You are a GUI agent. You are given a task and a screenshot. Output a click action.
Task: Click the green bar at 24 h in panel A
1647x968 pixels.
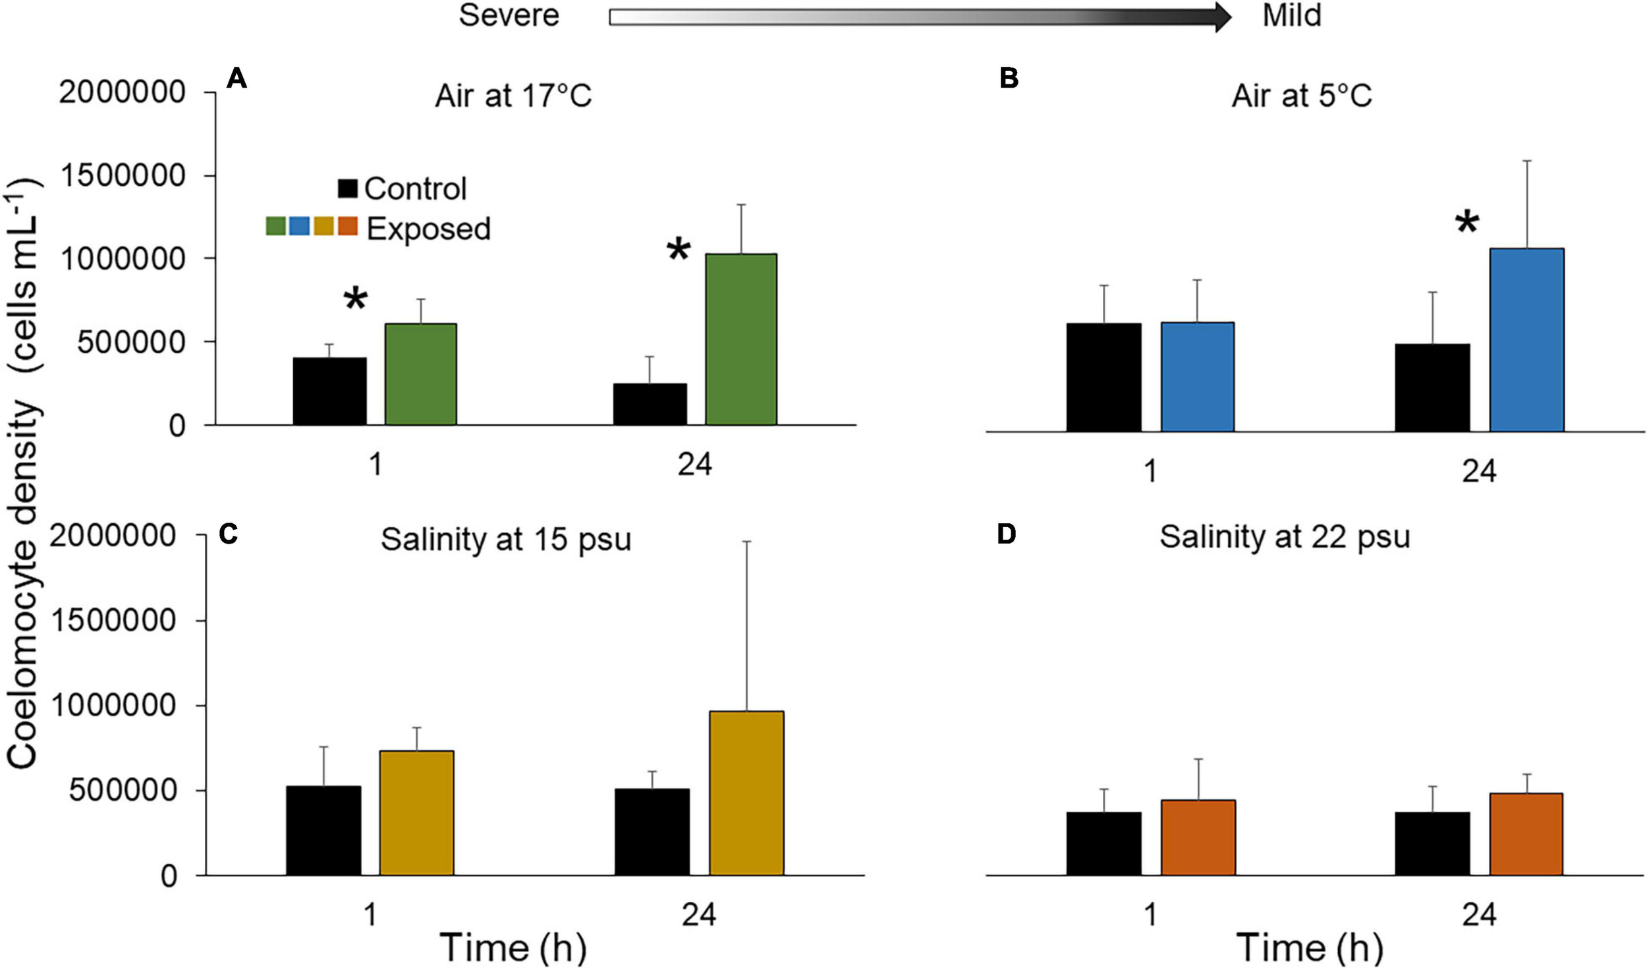(x=740, y=339)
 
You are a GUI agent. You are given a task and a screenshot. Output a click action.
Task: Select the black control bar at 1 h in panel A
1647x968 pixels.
(x=329, y=391)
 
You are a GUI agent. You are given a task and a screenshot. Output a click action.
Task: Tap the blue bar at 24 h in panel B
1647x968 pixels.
(x=1526, y=340)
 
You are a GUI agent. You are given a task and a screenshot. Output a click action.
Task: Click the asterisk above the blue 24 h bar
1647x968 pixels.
(x=1466, y=225)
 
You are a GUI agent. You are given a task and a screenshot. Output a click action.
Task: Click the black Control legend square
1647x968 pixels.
(x=347, y=188)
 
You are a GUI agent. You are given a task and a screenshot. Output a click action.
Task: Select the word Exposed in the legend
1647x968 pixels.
(x=428, y=229)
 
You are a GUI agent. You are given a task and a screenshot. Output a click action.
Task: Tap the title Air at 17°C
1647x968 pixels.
(x=513, y=96)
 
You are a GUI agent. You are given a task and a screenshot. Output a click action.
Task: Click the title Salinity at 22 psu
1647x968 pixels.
(x=1284, y=537)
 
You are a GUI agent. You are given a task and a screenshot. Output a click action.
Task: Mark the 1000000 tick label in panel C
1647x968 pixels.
(x=113, y=706)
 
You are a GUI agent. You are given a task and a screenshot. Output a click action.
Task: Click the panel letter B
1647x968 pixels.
(x=1009, y=79)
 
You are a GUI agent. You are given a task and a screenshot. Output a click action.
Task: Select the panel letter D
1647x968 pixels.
(x=1007, y=534)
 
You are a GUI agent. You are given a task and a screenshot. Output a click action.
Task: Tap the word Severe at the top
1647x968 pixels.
(x=509, y=15)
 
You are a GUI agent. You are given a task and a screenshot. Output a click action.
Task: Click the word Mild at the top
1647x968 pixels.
(x=1291, y=15)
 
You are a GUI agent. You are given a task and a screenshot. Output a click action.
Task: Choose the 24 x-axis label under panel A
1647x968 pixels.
(x=694, y=465)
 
